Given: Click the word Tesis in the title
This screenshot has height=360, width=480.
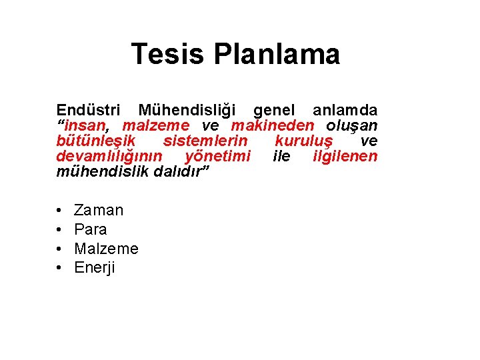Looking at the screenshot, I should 167,54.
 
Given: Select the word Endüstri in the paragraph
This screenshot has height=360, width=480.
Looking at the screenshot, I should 87,110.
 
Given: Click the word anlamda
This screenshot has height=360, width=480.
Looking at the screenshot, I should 345,110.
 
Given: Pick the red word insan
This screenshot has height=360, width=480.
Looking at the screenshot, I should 89,126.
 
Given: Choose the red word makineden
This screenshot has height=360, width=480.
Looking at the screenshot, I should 272,126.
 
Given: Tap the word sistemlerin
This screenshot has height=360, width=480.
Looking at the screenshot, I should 205,141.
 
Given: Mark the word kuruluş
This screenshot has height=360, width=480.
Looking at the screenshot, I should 307,141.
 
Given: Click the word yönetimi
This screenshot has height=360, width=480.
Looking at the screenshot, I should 218,157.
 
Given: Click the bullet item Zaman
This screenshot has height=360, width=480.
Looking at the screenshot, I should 99,211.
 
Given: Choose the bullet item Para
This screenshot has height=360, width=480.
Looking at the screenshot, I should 91,230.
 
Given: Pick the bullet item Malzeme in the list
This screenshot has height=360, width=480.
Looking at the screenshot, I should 106,249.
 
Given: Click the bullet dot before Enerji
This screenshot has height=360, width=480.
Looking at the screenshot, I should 60,269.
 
